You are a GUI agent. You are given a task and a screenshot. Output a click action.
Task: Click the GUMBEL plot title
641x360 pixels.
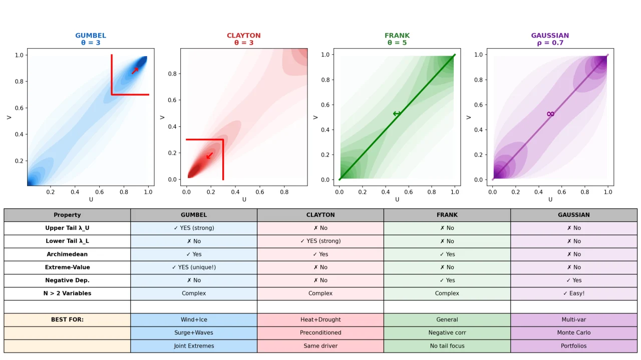91,36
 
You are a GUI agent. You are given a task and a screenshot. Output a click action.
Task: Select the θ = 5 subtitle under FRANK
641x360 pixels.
397,43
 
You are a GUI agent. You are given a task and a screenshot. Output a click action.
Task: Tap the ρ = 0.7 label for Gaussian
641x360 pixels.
550,43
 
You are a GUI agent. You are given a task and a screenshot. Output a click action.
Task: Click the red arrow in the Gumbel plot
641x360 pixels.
135,71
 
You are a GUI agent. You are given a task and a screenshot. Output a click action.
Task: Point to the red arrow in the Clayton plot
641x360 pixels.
209,155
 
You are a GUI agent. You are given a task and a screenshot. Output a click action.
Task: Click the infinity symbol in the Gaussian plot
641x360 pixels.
550,114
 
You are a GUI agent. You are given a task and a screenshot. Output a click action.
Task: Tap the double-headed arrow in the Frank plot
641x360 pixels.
397,114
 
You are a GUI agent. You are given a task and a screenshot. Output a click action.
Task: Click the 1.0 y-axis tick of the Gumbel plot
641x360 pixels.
19,55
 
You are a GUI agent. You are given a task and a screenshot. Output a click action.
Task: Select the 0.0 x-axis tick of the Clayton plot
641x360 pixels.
186,192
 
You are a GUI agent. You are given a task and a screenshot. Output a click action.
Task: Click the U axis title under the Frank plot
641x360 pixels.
397,199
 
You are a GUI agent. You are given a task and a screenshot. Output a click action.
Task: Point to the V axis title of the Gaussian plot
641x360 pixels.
468,117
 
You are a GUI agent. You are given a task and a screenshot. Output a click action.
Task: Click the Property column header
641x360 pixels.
67,215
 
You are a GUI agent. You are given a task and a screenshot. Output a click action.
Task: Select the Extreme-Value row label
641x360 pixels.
67,267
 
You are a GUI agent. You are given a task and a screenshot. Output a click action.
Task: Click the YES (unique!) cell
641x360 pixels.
194,267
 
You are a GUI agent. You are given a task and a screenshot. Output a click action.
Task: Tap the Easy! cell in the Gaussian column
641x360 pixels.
574,293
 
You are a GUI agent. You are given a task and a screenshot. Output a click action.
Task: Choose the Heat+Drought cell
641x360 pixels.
320,319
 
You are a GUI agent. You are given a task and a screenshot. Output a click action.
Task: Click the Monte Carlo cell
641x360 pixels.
574,332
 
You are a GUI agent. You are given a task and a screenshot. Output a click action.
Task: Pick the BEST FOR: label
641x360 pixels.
67,319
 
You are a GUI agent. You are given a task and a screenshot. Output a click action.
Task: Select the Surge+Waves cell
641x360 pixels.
194,333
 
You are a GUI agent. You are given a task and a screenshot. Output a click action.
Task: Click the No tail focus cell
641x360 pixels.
447,345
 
